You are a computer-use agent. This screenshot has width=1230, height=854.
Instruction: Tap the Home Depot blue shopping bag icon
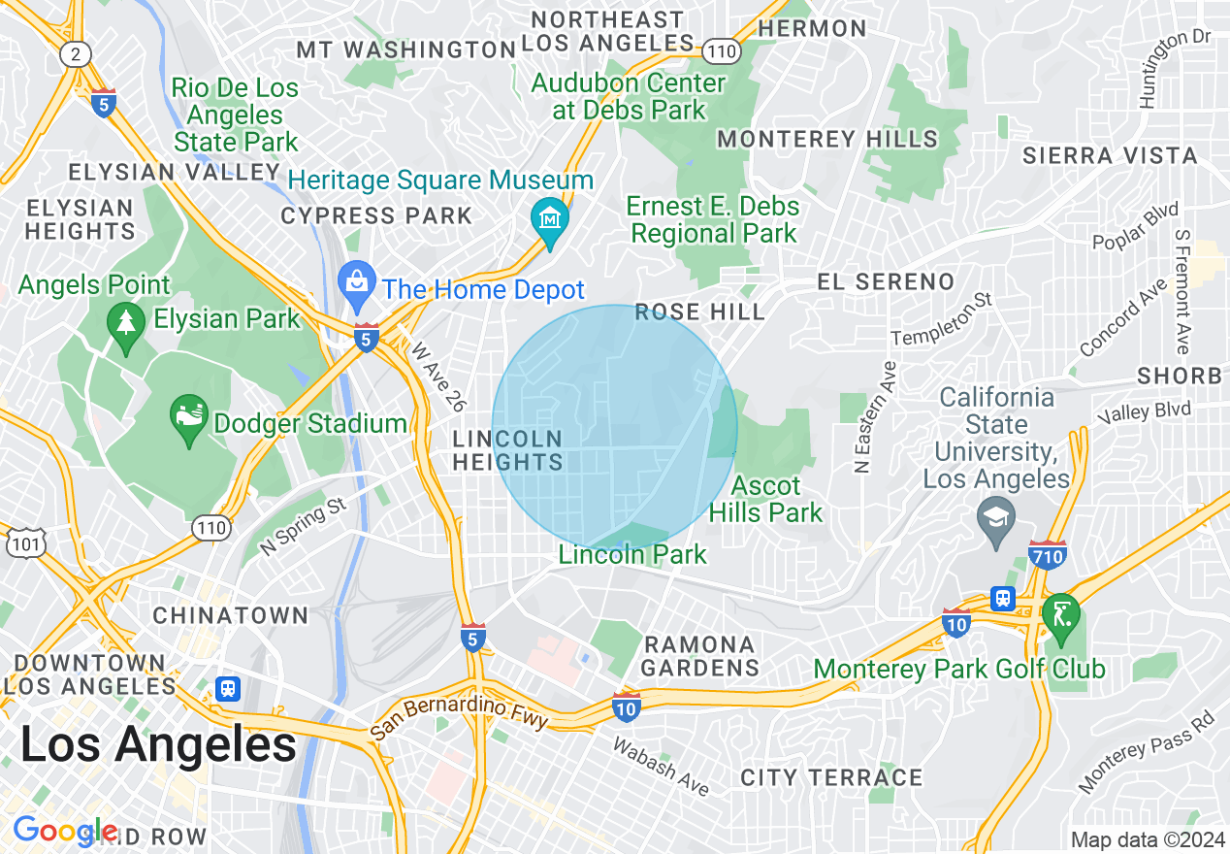pyautogui.click(x=356, y=282)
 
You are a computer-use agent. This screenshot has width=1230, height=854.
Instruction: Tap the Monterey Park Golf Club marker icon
pyautogui.click(x=1061, y=615)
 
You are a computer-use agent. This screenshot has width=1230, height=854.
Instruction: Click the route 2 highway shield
pyautogui.click(x=76, y=54)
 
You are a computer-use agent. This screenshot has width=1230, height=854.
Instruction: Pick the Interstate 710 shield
pyautogui.click(x=1048, y=555)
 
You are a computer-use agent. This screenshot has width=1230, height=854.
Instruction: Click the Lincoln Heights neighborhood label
pyautogui.click(x=507, y=451)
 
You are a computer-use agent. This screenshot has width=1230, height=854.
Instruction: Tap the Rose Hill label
pyautogui.click(x=699, y=312)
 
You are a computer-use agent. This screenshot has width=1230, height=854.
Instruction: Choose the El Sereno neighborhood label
pyautogui.click(x=886, y=282)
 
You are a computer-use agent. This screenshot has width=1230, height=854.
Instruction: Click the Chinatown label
pyautogui.click(x=231, y=615)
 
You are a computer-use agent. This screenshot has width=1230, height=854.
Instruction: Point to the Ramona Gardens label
pyautogui.click(x=698, y=656)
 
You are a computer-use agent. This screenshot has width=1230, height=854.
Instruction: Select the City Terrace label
pyautogui.click(x=831, y=777)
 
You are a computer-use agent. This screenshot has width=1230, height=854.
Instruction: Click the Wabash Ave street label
pyautogui.click(x=661, y=766)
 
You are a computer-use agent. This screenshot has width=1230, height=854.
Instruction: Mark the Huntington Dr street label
pyautogui.click(x=1175, y=68)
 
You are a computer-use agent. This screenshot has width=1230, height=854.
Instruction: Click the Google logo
pyautogui.click(x=64, y=832)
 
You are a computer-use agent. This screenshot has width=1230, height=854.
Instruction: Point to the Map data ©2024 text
pyautogui.click(x=1148, y=839)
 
